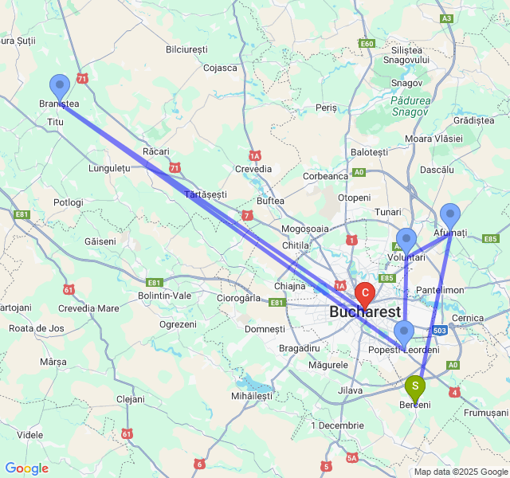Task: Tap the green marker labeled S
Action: (x=415, y=386)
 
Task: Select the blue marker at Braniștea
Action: (x=60, y=86)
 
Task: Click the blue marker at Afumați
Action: (x=450, y=214)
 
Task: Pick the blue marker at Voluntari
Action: (x=406, y=240)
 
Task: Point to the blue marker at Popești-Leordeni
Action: (x=404, y=332)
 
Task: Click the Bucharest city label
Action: (x=365, y=311)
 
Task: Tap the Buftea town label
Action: (x=270, y=201)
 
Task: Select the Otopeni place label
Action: (x=354, y=198)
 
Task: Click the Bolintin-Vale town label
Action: (x=166, y=296)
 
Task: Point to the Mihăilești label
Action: (x=251, y=396)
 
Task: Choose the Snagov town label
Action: (x=406, y=83)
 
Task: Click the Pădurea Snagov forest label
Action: (x=410, y=106)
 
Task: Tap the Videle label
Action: (x=29, y=435)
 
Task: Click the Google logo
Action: (x=26, y=468)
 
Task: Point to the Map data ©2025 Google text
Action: (x=460, y=472)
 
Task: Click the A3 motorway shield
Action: (x=447, y=18)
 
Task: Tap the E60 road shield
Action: (x=367, y=44)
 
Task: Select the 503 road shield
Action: (x=438, y=330)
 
